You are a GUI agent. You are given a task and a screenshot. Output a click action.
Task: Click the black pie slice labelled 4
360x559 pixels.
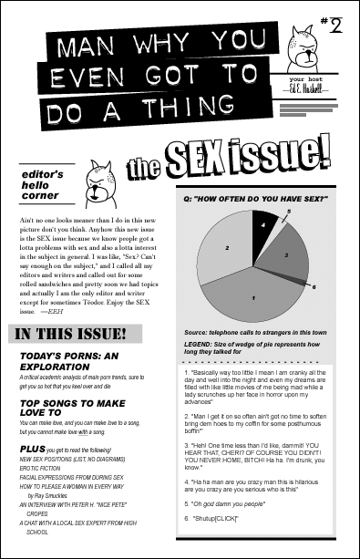pyautogui.click(x=262, y=223)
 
